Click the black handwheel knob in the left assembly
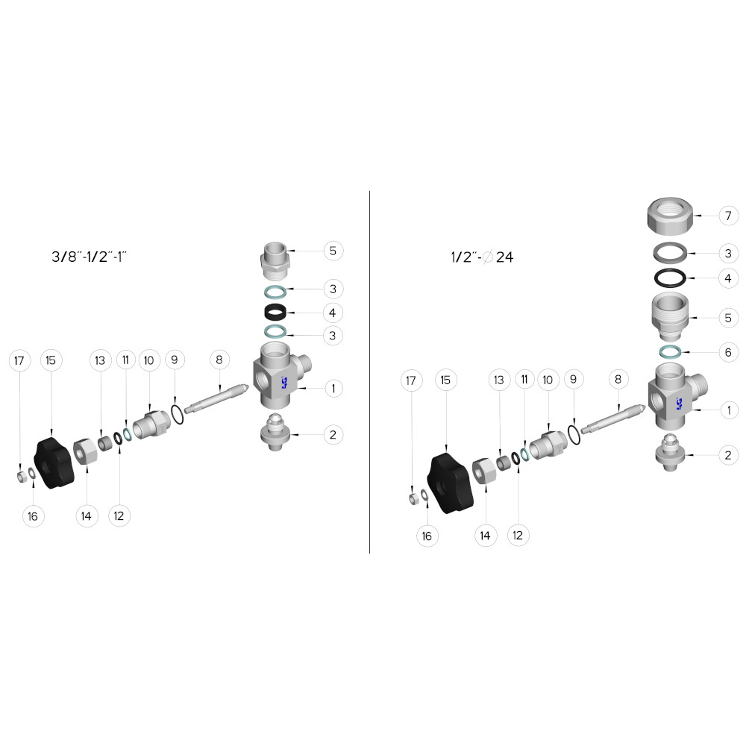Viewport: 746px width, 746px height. pos(54,463)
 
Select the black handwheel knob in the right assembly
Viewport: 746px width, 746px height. pos(450,483)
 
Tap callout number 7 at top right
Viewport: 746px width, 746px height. pos(728,216)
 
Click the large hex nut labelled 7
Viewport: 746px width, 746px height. pos(670,216)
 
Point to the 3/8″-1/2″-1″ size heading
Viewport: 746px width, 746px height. pos(89,257)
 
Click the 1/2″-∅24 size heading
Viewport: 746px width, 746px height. pos(482,257)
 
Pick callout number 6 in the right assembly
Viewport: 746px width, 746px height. pos(728,353)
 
